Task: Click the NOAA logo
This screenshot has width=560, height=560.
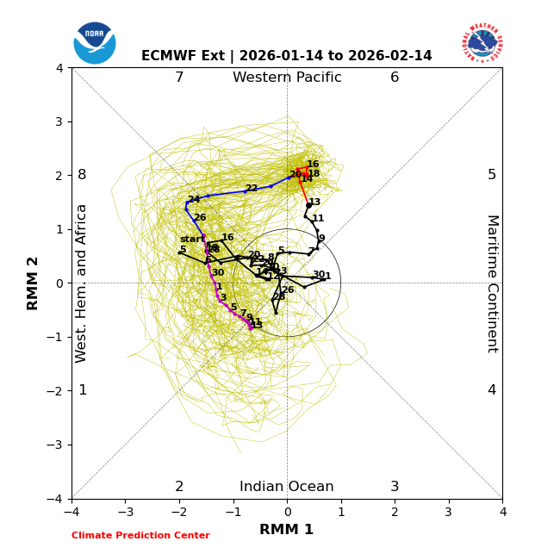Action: click(95, 42)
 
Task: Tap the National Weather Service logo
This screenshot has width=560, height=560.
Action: click(482, 42)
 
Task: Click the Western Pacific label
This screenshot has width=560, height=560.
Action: click(287, 78)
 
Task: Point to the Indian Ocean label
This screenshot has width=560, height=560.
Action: click(287, 487)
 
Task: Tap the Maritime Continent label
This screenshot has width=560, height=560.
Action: click(492, 283)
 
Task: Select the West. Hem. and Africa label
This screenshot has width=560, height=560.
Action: click(82, 283)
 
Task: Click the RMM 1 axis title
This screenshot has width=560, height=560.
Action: click(287, 530)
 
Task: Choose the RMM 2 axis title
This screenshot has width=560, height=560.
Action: click(34, 283)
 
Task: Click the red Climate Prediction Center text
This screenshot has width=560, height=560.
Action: click(140, 536)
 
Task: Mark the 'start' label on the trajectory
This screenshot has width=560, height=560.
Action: click(192, 240)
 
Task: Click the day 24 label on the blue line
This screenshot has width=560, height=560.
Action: click(194, 200)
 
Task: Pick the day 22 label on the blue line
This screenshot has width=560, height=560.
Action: click(252, 189)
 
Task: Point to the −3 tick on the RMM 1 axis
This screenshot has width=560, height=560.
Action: click(125, 512)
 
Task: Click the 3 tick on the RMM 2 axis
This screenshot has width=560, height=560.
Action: click(59, 121)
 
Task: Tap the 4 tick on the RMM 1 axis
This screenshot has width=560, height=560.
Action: click(502, 512)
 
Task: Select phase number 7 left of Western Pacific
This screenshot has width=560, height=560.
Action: click(179, 78)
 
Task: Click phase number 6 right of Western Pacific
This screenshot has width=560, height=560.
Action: click(395, 78)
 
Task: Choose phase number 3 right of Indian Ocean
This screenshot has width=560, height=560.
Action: click(395, 487)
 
